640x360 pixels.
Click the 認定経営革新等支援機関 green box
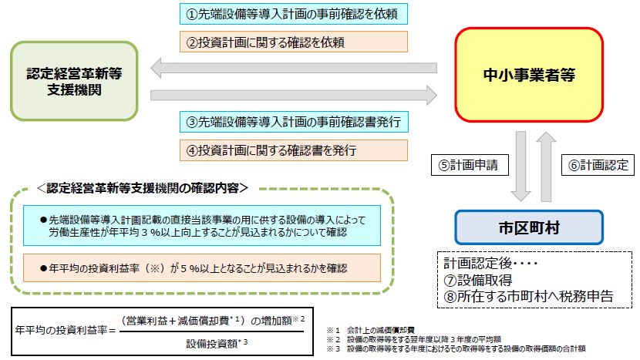coord(74,81)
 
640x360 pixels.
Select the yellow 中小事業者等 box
coord(529,75)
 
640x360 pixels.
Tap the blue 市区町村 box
coord(529,227)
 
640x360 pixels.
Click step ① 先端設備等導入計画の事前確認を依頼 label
coord(294,14)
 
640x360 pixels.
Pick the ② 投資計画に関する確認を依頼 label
coord(294,42)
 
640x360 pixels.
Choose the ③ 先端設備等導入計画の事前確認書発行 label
coord(294,122)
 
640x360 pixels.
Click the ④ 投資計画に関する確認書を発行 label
coord(294,150)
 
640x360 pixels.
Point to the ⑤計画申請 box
coord(470,165)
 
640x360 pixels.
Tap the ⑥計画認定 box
coord(598,165)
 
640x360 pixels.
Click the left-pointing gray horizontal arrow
coord(294,68)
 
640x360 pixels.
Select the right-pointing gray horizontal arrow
coord(294,96)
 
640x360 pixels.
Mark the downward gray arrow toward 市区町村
coord(520,166)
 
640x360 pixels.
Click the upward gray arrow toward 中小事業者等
coord(546,166)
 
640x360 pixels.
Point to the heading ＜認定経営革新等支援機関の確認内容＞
coord(143,188)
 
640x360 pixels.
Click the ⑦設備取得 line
coord(477,280)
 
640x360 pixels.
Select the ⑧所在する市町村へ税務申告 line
coord(528,296)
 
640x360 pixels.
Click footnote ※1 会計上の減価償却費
coord(371,330)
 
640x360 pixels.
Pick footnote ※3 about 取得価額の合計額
coord(456,348)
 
